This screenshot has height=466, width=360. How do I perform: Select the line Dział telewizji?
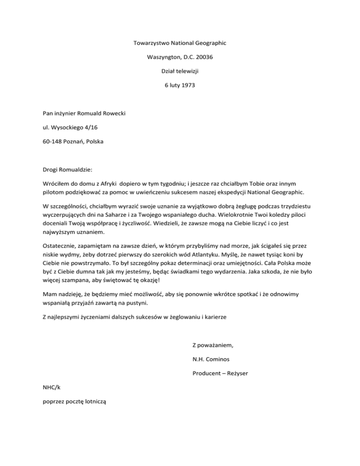click(180, 71)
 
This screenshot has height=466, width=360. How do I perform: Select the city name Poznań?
click(81, 141)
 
